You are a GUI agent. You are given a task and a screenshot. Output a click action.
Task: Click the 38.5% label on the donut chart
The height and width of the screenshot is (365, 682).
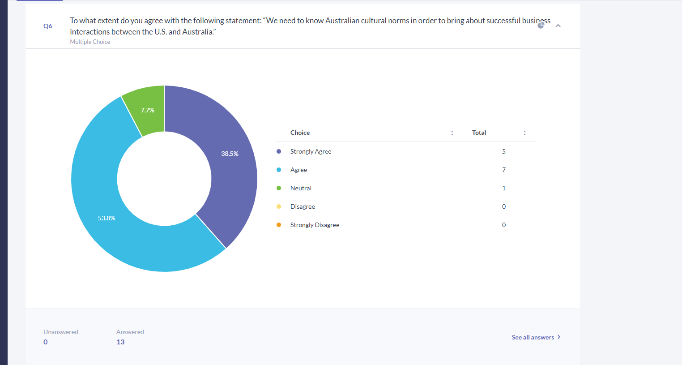click(x=230, y=154)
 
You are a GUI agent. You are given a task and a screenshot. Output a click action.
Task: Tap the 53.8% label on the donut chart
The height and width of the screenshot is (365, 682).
click(x=106, y=218)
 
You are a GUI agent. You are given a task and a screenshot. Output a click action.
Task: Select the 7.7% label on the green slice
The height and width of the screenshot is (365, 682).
click(x=147, y=110)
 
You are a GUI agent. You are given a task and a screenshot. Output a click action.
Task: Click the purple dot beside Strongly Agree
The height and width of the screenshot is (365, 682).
click(x=279, y=151)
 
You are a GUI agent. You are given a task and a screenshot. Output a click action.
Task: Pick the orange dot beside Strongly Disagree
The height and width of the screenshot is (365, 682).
click(x=279, y=225)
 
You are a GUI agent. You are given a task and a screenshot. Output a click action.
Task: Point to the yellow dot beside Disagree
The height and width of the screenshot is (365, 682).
click(x=279, y=206)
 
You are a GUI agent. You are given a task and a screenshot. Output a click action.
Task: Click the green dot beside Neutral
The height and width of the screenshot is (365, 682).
click(x=279, y=188)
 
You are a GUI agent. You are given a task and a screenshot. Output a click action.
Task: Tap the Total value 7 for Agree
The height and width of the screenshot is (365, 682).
click(x=504, y=170)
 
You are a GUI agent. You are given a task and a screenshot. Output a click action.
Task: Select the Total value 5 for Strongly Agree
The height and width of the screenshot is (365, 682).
click(x=504, y=151)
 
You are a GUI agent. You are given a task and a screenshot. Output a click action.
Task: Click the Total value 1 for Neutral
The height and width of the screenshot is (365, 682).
click(x=504, y=188)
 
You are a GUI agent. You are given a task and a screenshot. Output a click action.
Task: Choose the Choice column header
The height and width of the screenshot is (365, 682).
click(x=300, y=133)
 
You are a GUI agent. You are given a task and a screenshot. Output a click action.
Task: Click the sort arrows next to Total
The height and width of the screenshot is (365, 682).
click(x=524, y=133)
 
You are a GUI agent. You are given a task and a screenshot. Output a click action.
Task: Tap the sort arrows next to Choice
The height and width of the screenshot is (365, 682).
click(x=452, y=133)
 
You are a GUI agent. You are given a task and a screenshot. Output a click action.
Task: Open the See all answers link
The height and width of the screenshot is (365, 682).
click(x=536, y=337)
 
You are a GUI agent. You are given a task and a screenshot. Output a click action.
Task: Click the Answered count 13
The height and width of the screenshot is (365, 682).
click(x=120, y=342)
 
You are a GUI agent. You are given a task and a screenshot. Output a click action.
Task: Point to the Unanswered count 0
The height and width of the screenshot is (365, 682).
click(x=45, y=342)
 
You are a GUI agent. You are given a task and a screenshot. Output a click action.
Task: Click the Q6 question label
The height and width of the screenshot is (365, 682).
click(x=48, y=26)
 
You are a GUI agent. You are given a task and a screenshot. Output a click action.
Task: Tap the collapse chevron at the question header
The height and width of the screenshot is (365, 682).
click(x=558, y=26)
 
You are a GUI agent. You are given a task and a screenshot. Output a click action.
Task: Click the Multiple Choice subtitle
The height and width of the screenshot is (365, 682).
click(x=90, y=42)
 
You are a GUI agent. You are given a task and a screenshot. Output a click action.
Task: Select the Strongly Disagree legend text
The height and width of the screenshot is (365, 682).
click(x=315, y=225)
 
